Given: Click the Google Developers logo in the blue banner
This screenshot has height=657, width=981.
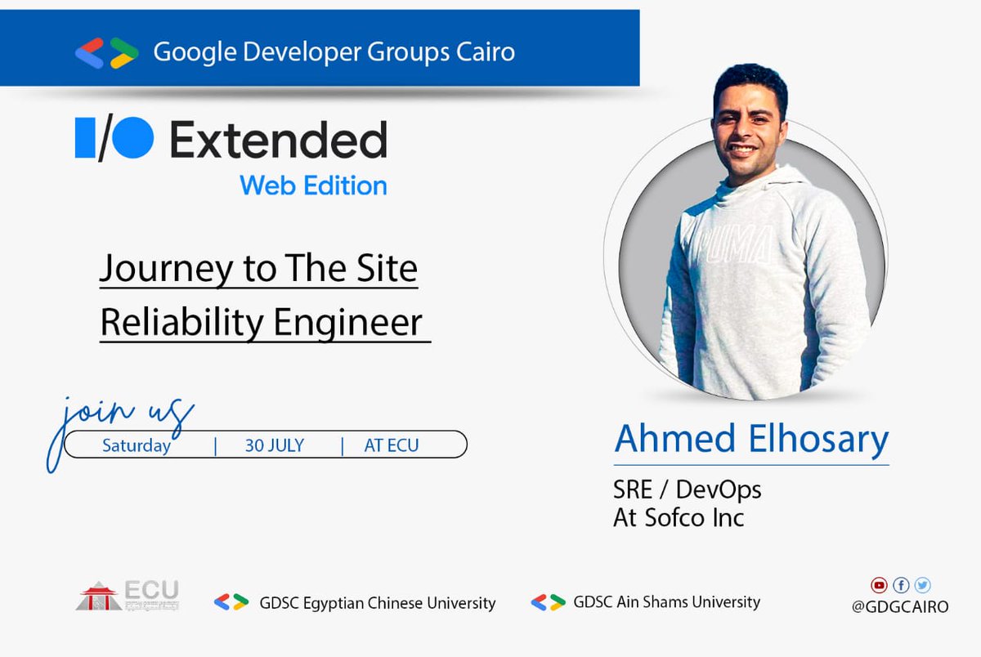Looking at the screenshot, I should (106, 52).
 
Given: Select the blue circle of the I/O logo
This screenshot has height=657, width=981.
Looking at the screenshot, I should (132, 137).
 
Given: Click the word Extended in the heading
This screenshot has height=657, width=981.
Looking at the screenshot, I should (278, 140).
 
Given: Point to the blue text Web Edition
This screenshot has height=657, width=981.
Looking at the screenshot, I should (313, 185).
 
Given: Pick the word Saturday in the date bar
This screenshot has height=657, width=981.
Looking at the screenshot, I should (137, 445).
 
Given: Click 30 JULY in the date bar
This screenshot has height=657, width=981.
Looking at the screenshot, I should (275, 445).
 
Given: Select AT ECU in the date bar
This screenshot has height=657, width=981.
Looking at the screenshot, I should (392, 445).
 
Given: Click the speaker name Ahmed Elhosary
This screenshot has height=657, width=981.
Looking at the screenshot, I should (751, 439).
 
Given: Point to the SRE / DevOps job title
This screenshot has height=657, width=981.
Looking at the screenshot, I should (688, 489).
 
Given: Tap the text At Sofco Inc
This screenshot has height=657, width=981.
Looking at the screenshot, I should (679, 517).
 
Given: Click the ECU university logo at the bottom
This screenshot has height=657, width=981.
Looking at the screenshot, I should (128, 596).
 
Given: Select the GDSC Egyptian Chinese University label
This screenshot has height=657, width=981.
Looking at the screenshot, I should (377, 603).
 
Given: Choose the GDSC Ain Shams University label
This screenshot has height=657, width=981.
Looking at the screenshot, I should (666, 602).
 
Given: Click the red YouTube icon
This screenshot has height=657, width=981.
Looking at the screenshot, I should (879, 585).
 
